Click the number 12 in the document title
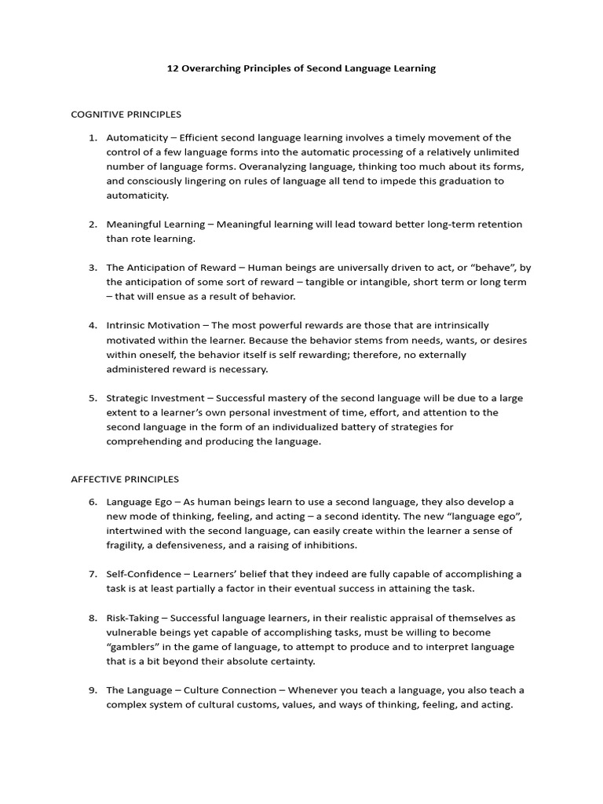pyautogui.click(x=173, y=68)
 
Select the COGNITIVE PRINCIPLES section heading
pyautogui.click(x=126, y=115)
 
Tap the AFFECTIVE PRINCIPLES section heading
pyautogui.click(x=125, y=479)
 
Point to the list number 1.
pyautogui.click(x=93, y=137)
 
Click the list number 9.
pyautogui.click(x=93, y=690)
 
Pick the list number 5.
pyautogui.click(x=93, y=398)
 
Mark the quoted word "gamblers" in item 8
pyautogui.click(x=133, y=647)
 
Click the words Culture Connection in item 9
pyautogui.click(x=230, y=690)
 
